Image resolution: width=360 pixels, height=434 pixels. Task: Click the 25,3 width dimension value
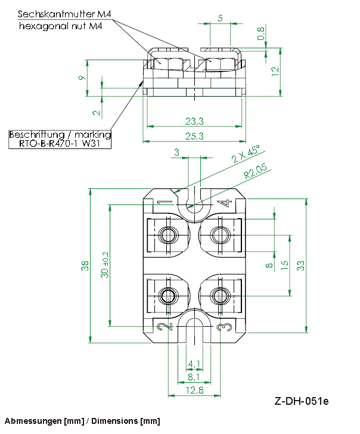coord(194,137)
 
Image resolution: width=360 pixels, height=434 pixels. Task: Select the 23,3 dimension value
coord(194,122)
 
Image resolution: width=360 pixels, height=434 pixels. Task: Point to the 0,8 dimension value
coord(260,35)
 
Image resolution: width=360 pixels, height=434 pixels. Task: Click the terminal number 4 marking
coord(225,204)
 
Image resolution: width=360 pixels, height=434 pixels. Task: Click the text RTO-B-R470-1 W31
coord(61,144)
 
